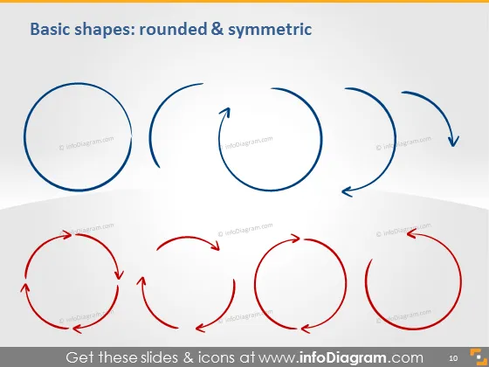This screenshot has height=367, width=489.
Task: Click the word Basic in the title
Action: pos(51,30)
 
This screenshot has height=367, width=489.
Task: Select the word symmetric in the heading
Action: pos(270,30)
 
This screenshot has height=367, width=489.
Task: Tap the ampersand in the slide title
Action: pos(217,29)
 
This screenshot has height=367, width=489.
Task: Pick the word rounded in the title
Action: pos(173,30)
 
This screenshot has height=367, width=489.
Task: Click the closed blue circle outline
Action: pos(24,137)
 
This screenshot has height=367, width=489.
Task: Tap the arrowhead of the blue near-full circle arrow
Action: pos(226,113)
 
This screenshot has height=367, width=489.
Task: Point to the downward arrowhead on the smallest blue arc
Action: pos(453,142)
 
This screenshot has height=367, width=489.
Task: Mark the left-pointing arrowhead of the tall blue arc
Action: pos(348,192)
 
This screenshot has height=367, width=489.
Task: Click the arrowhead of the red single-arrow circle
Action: pos(412,234)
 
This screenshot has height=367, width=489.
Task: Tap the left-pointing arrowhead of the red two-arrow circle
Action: pos(306,329)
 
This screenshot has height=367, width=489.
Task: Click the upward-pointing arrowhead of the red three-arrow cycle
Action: pos(141,281)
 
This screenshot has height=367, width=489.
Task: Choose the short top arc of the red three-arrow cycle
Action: pos(187,239)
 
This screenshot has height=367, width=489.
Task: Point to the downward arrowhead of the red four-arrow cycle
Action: pos(119,274)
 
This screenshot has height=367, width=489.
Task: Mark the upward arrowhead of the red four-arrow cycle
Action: pos(25,288)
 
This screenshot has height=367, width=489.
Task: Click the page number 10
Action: pos(453,358)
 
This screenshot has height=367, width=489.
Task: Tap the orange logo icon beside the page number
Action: pos(479,357)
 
